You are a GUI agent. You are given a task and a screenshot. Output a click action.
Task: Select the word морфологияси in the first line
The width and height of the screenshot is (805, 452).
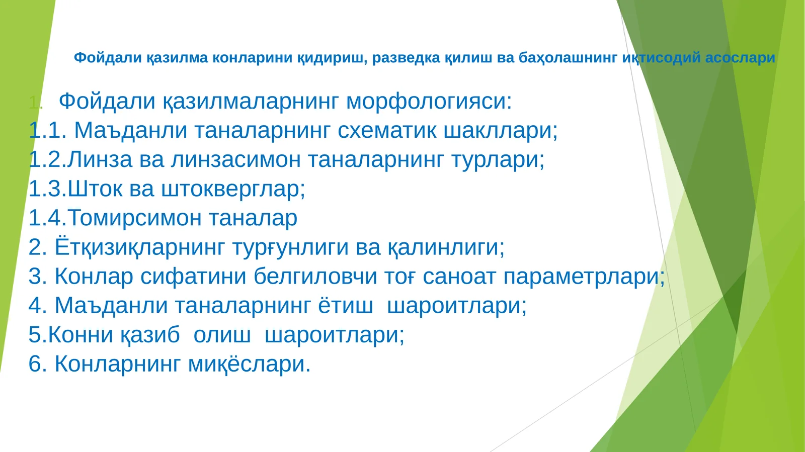[429, 101]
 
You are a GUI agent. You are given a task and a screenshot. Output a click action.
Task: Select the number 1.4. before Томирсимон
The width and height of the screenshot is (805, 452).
[48, 218]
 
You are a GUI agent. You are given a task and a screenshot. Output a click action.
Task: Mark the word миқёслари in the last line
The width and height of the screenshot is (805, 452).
[249, 364]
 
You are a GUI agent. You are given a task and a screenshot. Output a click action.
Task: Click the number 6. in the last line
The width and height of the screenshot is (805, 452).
[38, 364]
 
